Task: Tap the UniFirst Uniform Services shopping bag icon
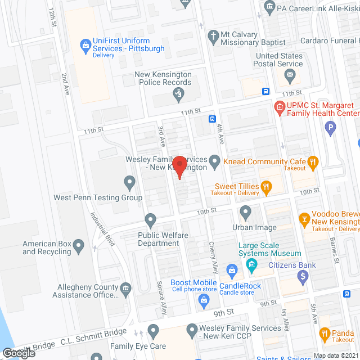click(x=85, y=43)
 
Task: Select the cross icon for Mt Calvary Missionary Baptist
click(x=213, y=38)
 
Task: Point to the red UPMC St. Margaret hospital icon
click(x=278, y=106)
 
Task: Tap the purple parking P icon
click(x=331, y=129)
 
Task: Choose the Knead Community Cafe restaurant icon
click(x=313, y=162)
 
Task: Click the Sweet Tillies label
click(x=236, y=186)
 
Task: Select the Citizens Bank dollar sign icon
click(x=303, y=276)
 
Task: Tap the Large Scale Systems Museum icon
click(x=251, y=264)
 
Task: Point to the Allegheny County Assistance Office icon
click(x=126, y=289)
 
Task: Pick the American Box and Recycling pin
click(x=79, y=245)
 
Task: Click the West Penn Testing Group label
click(x=97, y=197)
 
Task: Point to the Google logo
click(x=18, y=353)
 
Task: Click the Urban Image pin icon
click(x=245, y=213)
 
